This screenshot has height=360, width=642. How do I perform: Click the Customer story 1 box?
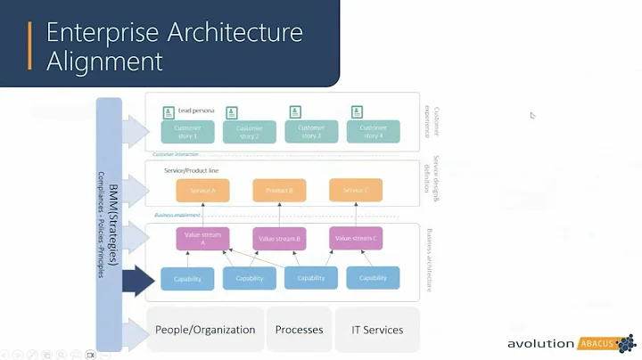point(187,132)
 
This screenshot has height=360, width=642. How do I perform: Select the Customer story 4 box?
point(373,132)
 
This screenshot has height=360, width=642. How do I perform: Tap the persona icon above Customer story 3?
point(293,112)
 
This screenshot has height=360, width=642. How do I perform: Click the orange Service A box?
point(202,190)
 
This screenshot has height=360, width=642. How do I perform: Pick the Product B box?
point(279,190)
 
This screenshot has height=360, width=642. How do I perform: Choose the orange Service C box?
point(356,190)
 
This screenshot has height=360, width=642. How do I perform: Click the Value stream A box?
point(203,238)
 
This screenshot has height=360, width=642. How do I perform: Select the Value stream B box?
point(279,238)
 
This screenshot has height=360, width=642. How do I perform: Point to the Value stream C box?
point(356,238)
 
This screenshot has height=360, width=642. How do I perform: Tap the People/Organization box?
point(205,330)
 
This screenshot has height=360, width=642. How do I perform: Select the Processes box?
point(299,330)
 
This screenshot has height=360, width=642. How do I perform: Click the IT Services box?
point(370,330)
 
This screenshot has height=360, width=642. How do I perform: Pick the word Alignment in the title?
point(104,61)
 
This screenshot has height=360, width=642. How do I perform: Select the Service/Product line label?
point(192,169)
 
